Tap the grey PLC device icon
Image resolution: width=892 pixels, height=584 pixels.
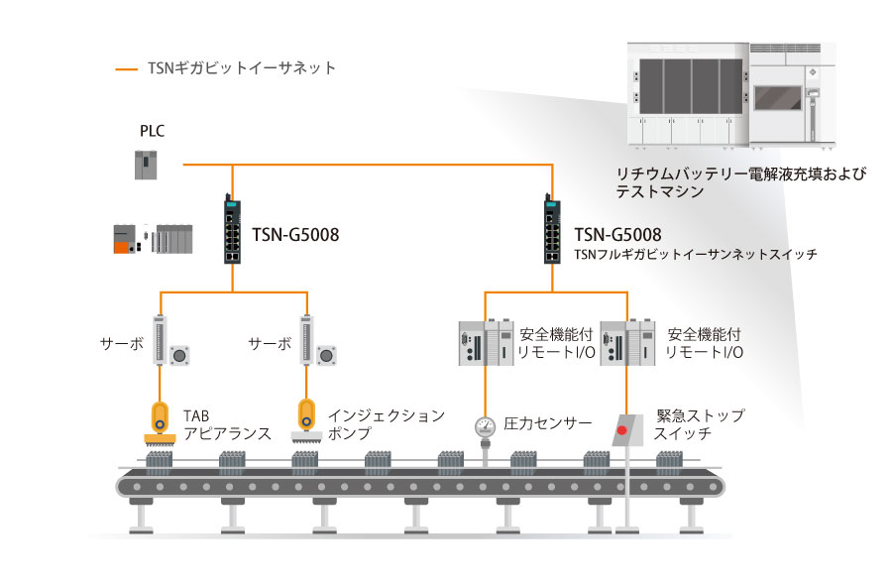147,164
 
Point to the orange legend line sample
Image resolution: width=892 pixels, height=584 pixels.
127,69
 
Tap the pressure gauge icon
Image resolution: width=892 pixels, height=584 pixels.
485,426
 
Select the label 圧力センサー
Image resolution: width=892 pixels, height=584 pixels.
548,423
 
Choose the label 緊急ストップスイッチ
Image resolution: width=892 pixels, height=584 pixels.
700,424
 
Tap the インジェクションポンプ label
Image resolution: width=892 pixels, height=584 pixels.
387,423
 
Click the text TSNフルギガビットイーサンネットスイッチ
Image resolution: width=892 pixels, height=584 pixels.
696,255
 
